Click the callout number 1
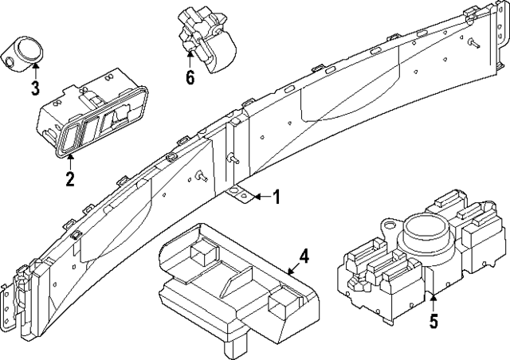tap(277, 197)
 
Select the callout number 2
tap(70, 178)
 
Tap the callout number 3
tap(35, 88)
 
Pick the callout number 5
tap(433, 323)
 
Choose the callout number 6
tap(189, 78)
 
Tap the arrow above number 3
tap(35, 70)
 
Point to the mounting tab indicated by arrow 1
tap(240, 194)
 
